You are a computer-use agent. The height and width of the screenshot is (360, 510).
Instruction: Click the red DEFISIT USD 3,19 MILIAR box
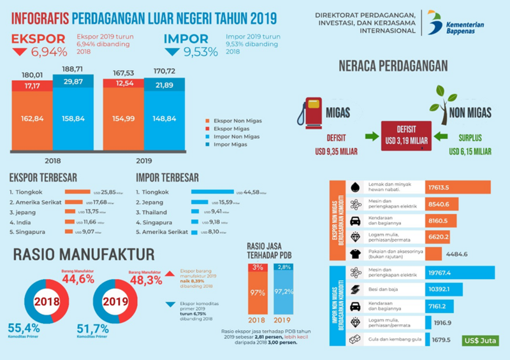[405, 135]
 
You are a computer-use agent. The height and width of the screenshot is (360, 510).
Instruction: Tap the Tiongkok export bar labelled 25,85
[78, 192]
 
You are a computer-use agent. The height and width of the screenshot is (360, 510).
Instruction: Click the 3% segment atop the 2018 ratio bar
[258, 267]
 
